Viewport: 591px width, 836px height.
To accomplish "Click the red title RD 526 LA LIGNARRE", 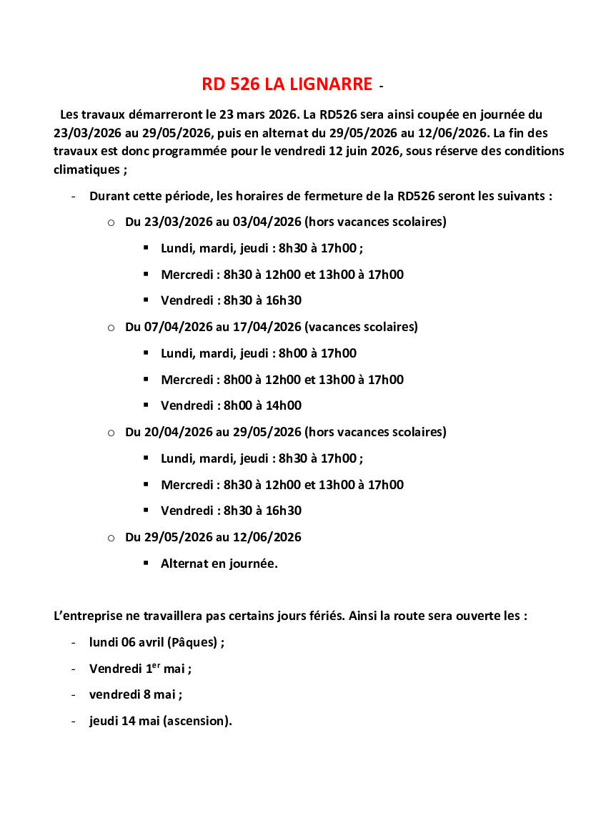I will tap(287, 84).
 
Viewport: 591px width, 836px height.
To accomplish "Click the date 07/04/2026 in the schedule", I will tap(169, 327).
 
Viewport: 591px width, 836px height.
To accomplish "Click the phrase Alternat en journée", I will tap(219, 564).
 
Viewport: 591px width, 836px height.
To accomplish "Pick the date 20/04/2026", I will tap(169, 432).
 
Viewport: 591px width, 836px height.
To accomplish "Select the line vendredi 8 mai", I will tap(135, 694).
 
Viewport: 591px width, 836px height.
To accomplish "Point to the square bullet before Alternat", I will tap(146, 563).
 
